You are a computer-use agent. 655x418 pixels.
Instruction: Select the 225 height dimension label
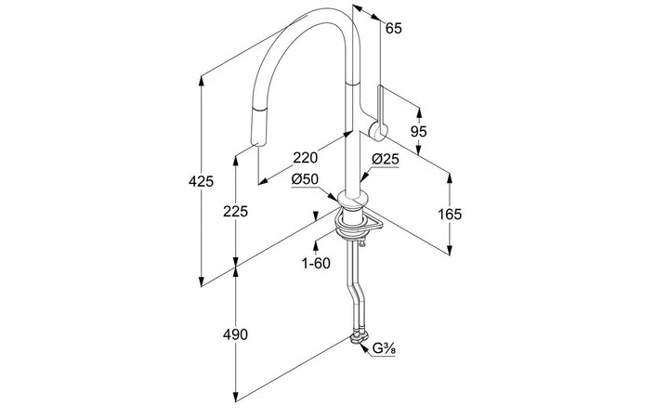(x=236, y=212)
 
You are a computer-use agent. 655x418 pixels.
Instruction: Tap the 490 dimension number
(x=236, y=334)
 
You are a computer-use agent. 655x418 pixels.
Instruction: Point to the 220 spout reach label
(x=305, y=157)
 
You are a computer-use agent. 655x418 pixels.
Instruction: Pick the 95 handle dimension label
(x=418, y=132)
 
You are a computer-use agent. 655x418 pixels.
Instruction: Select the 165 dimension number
(x=450, y=215)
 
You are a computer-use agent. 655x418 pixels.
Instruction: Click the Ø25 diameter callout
(x=386, y=160)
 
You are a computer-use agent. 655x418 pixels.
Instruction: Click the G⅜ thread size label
(x=386, y=350)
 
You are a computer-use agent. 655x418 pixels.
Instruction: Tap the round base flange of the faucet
(x=353, y=199)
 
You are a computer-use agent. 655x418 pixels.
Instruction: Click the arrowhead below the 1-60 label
(x=317, y=245)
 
